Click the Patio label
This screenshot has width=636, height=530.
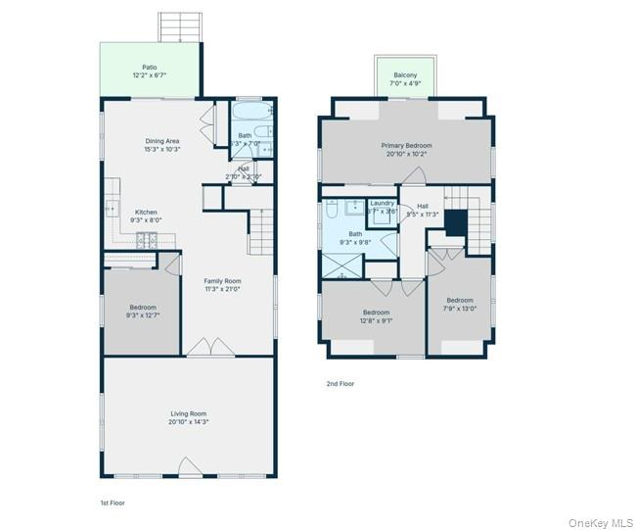point(149,67)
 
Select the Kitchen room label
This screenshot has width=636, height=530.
point(146,212)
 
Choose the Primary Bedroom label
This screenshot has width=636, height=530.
point(406,145)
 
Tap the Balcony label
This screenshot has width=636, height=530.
point(405,75)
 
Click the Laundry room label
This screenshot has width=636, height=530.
point(382,203)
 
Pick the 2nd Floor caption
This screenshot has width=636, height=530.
point(341,383)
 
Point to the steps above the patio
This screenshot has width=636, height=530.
point(180,26)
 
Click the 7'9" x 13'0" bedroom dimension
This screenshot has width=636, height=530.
point(460,308)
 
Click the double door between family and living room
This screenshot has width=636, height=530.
point(210,348)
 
